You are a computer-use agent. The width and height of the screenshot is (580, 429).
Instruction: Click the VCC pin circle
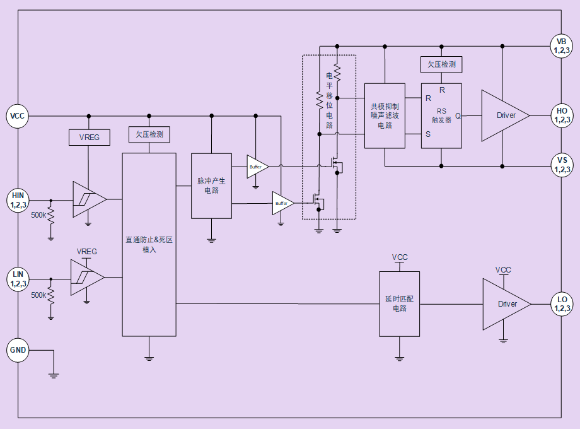click(18, 116)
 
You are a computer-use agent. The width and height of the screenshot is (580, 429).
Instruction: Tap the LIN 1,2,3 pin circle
click(18, 278)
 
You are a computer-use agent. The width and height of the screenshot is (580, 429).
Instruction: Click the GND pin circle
click(18, 350)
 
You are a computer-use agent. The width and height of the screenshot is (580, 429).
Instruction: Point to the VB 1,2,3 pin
click(561, 46)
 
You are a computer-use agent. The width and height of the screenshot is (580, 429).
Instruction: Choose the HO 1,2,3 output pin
click(561, 115)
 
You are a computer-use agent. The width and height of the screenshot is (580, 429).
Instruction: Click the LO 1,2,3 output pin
click(561, 303)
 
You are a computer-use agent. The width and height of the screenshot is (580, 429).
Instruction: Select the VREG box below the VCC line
click(89, 137)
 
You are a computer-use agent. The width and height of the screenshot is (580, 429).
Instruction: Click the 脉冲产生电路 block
click(211, 185)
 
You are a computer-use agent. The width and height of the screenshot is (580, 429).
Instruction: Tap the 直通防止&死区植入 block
click(149, 244)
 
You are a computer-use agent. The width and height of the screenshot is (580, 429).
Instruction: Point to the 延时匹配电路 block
click(399, 303)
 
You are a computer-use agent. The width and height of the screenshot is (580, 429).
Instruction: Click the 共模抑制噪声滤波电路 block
click(385, 116)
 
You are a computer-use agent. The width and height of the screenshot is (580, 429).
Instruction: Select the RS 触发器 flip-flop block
click(441, 116)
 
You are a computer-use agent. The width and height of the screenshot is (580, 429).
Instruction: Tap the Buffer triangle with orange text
click(257, 167)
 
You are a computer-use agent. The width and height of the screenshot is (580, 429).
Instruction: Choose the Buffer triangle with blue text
click(282, 203)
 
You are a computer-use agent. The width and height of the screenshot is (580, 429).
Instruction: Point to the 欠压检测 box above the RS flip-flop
click(441, 64)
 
